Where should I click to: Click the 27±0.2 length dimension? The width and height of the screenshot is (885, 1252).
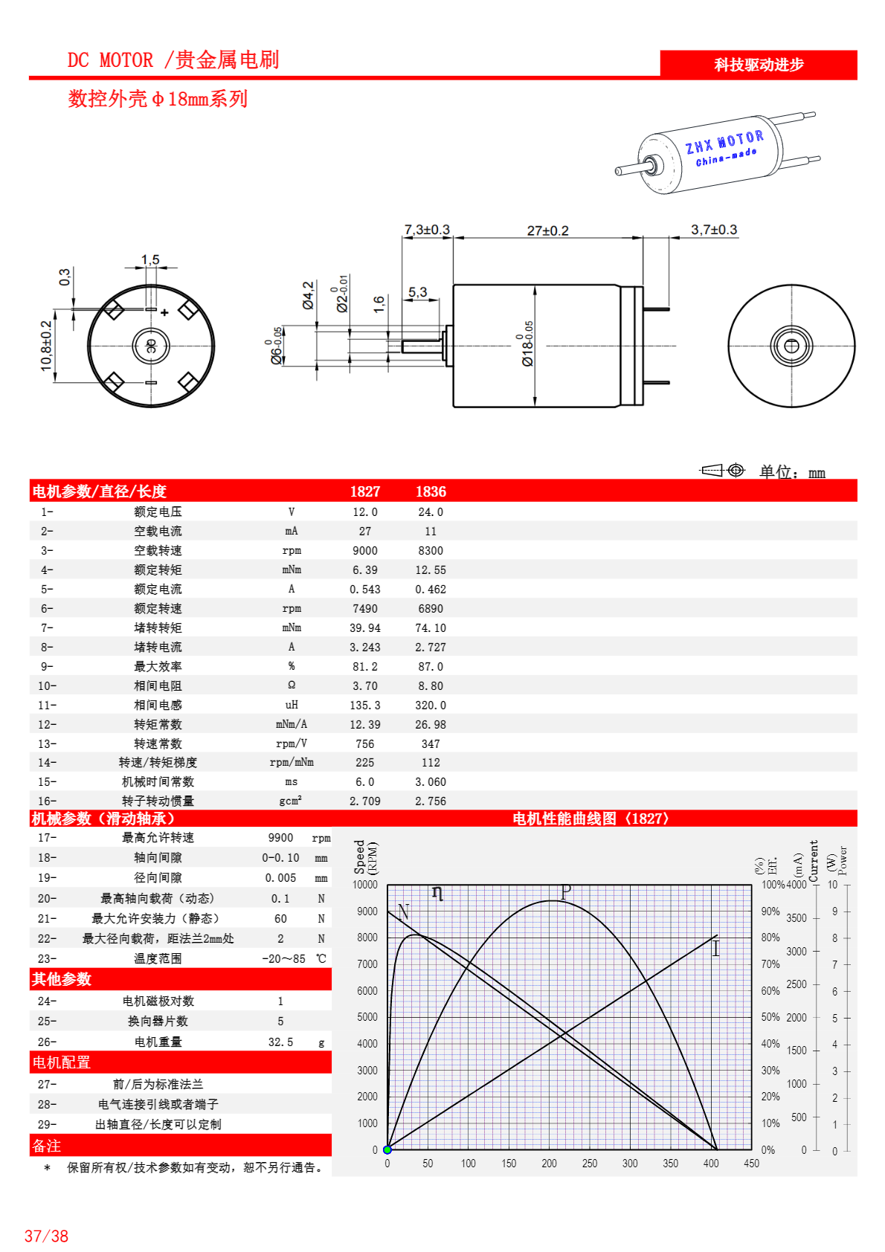click(547, 230)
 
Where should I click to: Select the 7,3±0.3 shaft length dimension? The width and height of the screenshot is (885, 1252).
click(427, 230)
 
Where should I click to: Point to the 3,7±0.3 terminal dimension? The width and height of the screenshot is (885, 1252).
click(714, 230)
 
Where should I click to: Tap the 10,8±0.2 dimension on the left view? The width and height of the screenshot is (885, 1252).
click(47, 346)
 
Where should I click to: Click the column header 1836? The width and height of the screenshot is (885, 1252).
click(431, 491)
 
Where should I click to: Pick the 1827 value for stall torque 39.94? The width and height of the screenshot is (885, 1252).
click(365, 628)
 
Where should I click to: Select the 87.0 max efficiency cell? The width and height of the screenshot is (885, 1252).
click(431, 667)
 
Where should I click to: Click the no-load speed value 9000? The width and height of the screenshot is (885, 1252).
click(365, 551)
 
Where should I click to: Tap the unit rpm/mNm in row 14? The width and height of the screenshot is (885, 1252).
click(292, 763)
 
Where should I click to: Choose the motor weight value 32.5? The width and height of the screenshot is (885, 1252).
click(280, 1042)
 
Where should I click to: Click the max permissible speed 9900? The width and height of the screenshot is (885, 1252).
click(280, 838)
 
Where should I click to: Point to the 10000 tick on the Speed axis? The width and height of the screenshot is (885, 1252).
click(365, 885)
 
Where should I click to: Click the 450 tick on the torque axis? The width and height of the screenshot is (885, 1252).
click(751, 1164)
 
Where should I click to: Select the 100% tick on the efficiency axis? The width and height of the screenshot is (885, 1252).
click(773, 885)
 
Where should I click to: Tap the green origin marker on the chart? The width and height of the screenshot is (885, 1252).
click(387, 1150)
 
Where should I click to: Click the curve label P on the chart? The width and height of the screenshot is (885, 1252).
click(566, 891)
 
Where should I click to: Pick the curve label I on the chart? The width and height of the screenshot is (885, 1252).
click(715, 949)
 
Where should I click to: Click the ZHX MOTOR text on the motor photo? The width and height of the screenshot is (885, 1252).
click(724, 141)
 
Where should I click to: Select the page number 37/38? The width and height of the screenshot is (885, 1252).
click(46, 1236)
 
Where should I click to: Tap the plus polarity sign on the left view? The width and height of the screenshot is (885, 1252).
click(164, 313)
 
